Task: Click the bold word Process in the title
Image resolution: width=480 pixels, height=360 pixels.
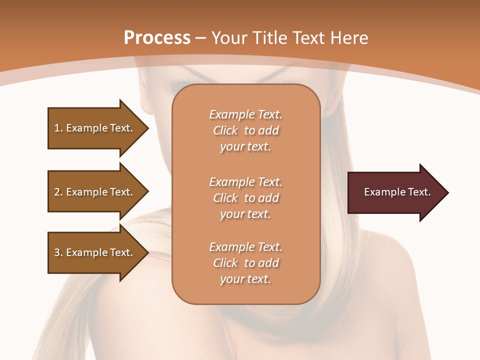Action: tap(157, 38)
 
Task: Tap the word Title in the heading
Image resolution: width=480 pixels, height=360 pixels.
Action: tap(270, 38)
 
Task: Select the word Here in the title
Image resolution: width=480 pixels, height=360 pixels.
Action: tap(350, 38)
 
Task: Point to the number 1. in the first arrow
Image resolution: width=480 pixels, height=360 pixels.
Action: tap(58, 128)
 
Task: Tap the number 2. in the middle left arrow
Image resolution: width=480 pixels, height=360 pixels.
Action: tap(58, 192)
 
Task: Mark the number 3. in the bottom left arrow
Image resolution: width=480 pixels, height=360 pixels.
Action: tap(58, 252)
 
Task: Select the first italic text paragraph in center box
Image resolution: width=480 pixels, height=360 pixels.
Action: tap(246, 130)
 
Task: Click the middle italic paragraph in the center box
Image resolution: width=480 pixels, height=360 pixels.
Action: tap(246, 198)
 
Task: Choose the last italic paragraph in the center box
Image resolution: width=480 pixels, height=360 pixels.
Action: tap(246, 263)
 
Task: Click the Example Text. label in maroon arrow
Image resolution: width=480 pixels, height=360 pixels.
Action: tap(397, 192)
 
